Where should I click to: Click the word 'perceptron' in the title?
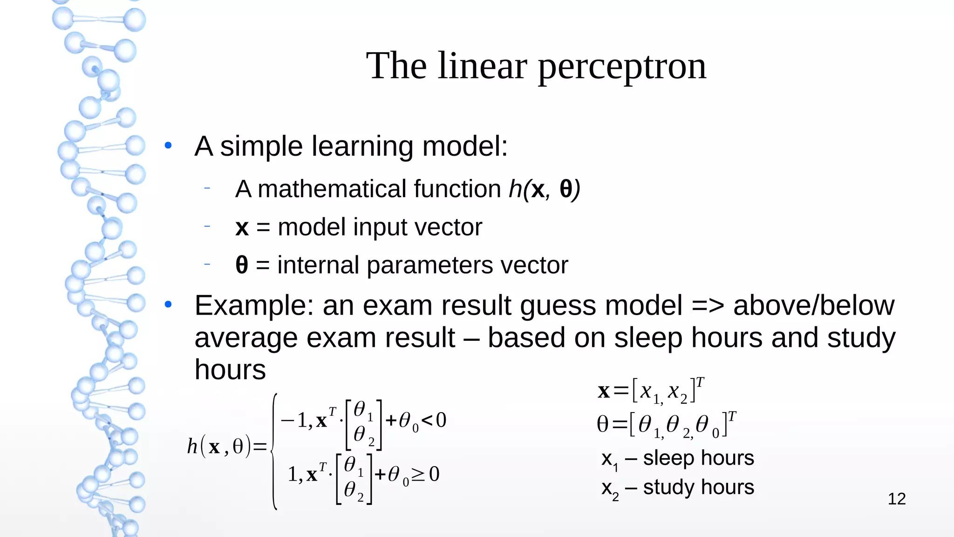pyautogui.click(x=622, y=66)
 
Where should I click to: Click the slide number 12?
pyautogui.click(x=897, y=499)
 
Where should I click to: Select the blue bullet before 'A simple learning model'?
pyautogui.click(x=168, y=145)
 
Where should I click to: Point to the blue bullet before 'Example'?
pyautogui.click(x=168, y=305)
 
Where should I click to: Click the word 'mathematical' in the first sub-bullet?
pyautogui.click(x=332, y=189)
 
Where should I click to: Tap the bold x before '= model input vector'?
pyautogui.click(x=242, y=227)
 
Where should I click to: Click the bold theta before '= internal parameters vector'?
pyautogui.click(x=242, y=265)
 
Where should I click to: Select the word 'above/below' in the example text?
pyautogui.click(x=813, y=306)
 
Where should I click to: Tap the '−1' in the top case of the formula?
pyautogui.click(x=293, y=420)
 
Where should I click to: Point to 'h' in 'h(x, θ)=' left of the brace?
pyautogui.click(x=192, y=447)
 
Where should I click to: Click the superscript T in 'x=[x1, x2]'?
pyautogui.click(x=700, y=382)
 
